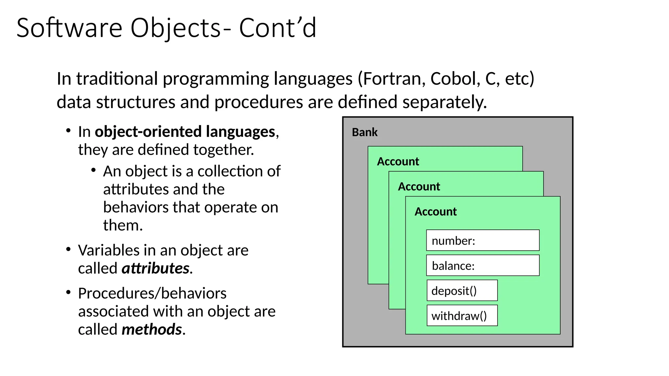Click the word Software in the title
click(69, 28)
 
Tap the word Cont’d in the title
click(278, 28)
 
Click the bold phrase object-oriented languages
click(185, 132)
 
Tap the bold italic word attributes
click(155, 268)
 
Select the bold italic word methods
click(152, 329)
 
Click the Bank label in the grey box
click(365, 133)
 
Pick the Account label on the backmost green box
click(398, 162)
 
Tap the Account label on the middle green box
click(419, 187)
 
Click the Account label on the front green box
click(435, 212)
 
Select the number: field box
click(482, 241)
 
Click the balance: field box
click(482, 266)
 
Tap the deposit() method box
click(462, 290)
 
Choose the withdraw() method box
click(462, 316)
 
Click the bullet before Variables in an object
click(68, 250)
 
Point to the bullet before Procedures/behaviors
click(68, 292)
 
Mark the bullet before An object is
click(93, 170)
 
